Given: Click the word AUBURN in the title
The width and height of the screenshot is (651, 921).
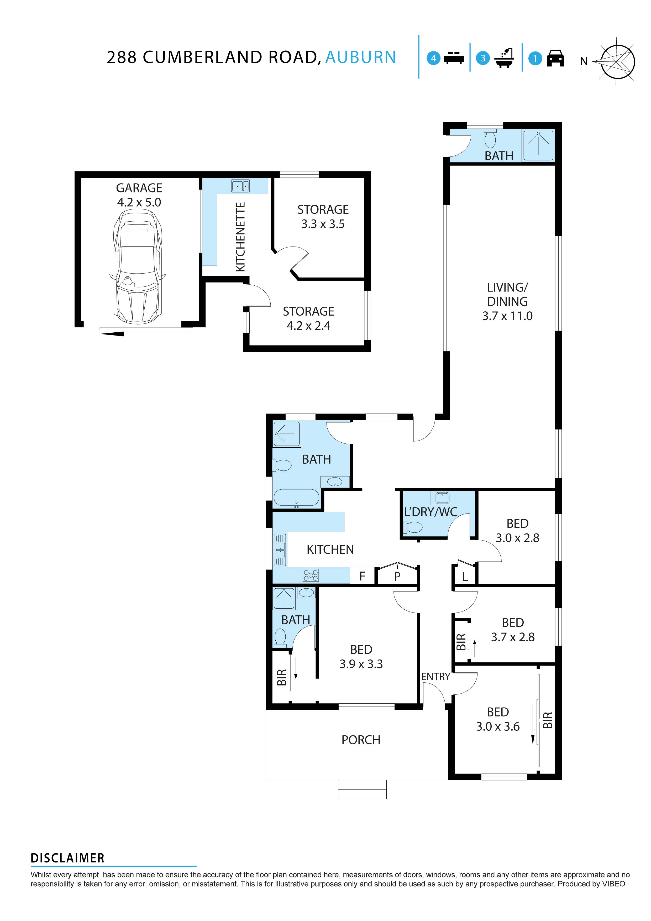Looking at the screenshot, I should pyautogui.click(x=360, y=57).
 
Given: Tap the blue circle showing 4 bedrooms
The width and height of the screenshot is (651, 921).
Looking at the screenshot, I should pyautogui.click(x=433, y=59).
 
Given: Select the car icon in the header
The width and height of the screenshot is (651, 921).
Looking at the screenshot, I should pyautogui.click(x=555, y=59).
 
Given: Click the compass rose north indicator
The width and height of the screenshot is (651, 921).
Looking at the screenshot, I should pyautogui.click(x=617, y=62).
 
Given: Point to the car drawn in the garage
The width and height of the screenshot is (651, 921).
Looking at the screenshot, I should pyautogui.click(x=138, y=267).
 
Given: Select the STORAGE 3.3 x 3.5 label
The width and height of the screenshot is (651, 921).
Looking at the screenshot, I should pyautogui.click(x=323, y=217).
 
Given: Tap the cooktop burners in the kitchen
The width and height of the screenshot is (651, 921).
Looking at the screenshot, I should pyautogui.click(x=311, y=575).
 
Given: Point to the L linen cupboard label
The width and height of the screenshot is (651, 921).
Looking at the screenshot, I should pyautogui.click(x=465, y=577).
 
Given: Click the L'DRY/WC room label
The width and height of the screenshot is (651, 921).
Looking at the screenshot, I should pyautogui.click(x=430, y=512).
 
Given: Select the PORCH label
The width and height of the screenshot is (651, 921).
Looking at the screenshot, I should pyautogui.click(x=361, y=740).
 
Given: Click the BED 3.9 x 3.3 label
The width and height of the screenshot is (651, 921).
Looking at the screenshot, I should pyautogui.click(x=361, y=657).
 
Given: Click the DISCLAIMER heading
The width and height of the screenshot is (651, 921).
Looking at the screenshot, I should pyautogui.click(x=67, y=858).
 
